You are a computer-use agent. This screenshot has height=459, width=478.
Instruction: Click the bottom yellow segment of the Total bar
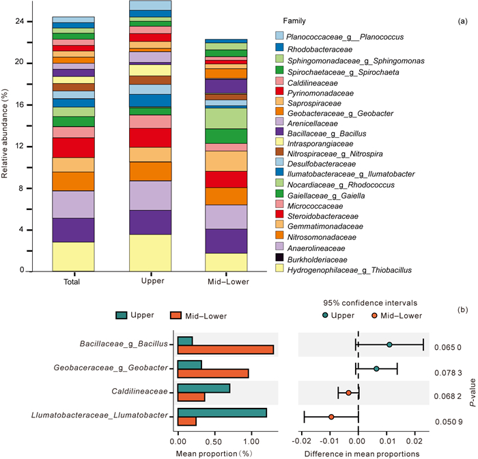tap(72, 256)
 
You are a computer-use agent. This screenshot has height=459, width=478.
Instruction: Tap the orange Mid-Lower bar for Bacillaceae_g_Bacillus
tap(225, 349)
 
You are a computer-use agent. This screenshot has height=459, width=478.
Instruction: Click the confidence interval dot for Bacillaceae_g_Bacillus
tap(389, 344)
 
